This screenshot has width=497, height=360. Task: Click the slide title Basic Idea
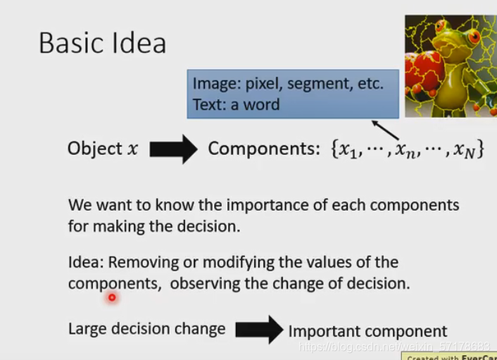point(102,43)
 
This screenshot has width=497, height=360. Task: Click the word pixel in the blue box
point(262,84)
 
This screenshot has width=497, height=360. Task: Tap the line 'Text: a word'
point(236,105)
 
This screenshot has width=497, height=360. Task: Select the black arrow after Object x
point(174,149)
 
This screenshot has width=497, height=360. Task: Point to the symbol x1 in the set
point(348,150)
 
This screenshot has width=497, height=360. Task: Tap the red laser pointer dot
point(111,298)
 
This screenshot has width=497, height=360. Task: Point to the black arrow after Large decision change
point(258,330)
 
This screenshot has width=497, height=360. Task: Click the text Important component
point(367,331)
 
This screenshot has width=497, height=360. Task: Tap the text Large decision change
point(146,328)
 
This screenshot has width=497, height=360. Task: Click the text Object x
point(103,149)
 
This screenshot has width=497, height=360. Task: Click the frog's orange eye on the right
point(474,35)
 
